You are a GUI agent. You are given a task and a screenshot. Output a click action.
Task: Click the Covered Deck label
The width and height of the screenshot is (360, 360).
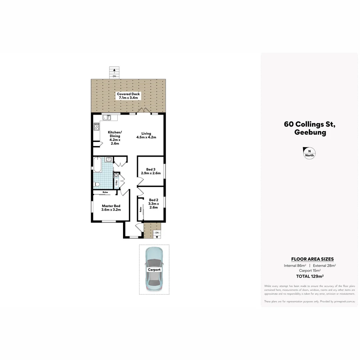coord(128,96)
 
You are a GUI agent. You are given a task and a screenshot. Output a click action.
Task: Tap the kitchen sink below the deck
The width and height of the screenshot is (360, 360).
coord(107,117)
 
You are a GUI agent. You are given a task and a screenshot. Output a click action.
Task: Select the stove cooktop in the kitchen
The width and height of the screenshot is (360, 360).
coord(97,127)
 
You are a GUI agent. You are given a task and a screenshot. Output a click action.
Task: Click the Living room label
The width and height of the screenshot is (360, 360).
coord(146,135)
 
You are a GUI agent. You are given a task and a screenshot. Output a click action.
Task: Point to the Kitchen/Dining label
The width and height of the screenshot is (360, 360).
coord(115,138)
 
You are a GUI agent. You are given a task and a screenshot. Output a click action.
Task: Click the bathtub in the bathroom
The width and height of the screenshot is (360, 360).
coord(97,164)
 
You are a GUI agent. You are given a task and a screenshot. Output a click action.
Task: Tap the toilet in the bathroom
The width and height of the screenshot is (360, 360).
coord(97,184)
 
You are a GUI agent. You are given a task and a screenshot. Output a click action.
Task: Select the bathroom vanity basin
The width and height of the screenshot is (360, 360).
coord(109,159)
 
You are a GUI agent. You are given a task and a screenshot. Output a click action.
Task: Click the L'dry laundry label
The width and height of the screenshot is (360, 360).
coord(116,183)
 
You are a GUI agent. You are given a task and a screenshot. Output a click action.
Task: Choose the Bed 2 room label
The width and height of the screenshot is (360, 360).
coord(153,204)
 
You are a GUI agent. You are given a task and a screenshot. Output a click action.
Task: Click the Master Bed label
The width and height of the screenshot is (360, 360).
coord(111,208)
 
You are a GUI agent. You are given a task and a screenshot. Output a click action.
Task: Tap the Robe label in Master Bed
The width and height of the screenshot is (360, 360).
coord(105,192)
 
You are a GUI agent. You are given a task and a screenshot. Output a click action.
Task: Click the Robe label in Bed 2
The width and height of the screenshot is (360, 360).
coord(141,210)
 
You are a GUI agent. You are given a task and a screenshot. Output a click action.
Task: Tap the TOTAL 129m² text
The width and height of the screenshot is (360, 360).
coord(310,276)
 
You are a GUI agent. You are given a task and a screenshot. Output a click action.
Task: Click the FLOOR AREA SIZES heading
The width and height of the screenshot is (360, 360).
coord(312,259)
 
